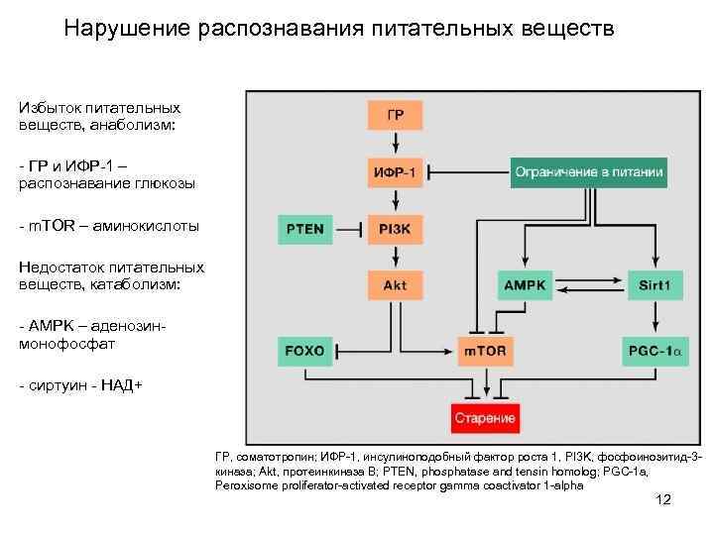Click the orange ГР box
(395, 115)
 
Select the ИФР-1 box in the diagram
(395, 171)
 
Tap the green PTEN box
(304, 229)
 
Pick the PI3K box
(395, 229)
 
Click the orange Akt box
(395, 285)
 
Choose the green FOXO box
(304, 350)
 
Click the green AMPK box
(526, 285)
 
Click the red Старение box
(485, 418)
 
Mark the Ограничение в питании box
(588, 171)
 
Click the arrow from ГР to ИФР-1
(395, 143)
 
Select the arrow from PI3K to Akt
(395, 257)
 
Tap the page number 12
(663, 499)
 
